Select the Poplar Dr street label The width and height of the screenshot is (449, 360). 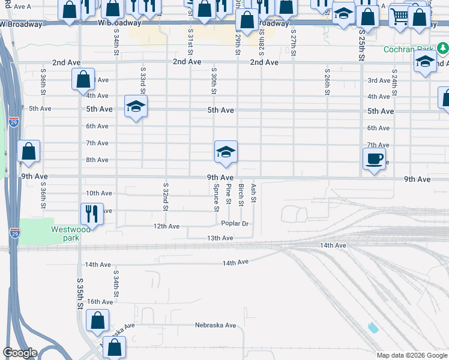point(235,224)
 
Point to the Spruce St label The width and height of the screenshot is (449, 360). point(216,197)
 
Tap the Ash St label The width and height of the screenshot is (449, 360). point(254,194)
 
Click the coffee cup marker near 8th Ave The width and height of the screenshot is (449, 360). point(375,159)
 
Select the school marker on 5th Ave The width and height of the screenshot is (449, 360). point(136,107)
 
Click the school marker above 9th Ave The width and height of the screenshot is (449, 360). point(226,151)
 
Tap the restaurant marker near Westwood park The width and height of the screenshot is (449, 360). point(92,213)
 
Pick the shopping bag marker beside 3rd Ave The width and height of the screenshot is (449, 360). point(83,79)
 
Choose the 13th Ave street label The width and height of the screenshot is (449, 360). point(220,238)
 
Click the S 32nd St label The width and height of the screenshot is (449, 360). point(166,197)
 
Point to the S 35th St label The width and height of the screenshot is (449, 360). point(79,293)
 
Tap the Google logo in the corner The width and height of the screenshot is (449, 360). point(20,353)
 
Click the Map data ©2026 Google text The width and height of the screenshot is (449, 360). point(411,355)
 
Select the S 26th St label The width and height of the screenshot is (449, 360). point(327,85)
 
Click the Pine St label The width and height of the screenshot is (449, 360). point(229,194)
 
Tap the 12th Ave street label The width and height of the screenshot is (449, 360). point(167,226)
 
